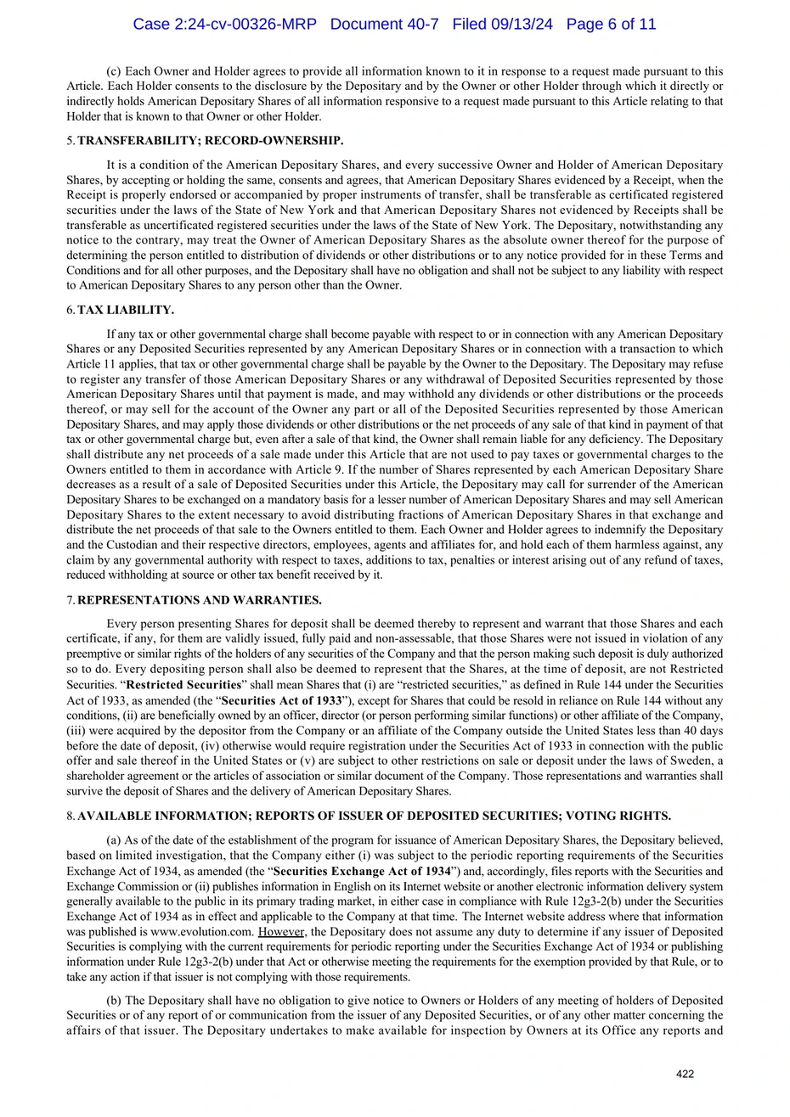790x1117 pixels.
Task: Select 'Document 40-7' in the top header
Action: (x=384, y=25)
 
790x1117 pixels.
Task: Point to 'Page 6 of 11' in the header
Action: (x=611, y=25)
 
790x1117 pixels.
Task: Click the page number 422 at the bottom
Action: (x=685, y=1074)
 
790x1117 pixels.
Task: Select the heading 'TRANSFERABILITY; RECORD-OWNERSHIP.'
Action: (x=210, y=141)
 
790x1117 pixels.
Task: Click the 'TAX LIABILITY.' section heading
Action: (x=126, y=311)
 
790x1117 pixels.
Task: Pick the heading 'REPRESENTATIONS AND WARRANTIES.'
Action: (x=199, y=601)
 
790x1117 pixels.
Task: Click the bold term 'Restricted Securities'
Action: (x=183, y=684)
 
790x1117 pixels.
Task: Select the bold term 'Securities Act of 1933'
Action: (x=281, y=701)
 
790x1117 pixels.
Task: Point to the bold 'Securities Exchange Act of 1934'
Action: (x=362, y=871)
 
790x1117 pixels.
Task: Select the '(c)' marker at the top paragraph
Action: (x=114, y=71)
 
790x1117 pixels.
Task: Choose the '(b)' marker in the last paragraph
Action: (x=114, y=1001)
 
